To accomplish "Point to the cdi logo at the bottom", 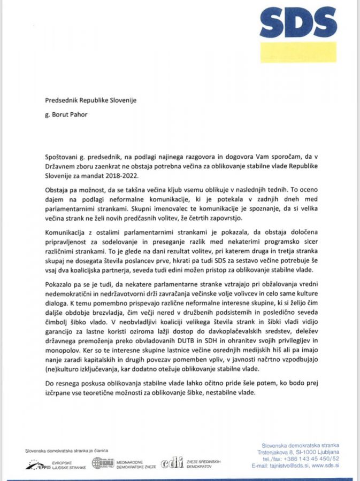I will click(171, 463).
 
